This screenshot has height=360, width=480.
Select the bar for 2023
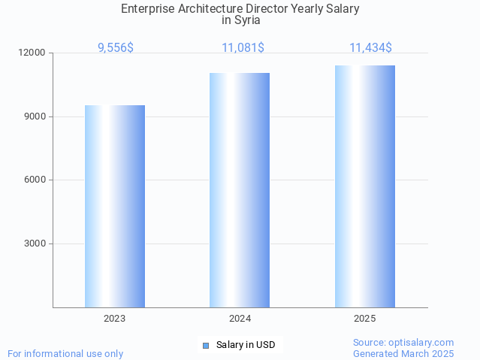pyautogui.click(x=115, y=206)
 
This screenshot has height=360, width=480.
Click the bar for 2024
pyautogui.click(x=240, y=190)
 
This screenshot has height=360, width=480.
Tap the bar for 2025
pyautogui.click(x=365, y=186)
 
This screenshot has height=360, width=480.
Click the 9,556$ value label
pyautogui.click(x=116, y=47)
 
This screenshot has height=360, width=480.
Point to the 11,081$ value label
pyautogui.click(x=243, y=47)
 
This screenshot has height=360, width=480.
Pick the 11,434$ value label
pyautogui.click(x=370, y=47)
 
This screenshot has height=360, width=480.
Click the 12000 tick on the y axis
pyautogui.click(x=33, y=53)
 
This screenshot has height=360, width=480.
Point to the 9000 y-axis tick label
pyautogui.click(x=35, y=116)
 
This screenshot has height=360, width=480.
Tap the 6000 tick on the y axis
pyautogui.click(x=35, y=180)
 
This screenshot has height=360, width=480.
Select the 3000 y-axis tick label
pyautogui.click(x=35, y=244)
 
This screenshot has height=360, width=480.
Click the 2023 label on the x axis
pyautogui.click(x=115, y=319)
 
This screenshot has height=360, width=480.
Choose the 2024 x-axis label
pyautogui.click(x=240, y=319)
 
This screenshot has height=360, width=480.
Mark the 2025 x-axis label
pyautogui.click(x=365, y=319)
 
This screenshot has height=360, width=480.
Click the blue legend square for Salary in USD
pyautogui.click(x=206, y=346)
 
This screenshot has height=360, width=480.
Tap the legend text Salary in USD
pyautogui.click(x=246, y=346)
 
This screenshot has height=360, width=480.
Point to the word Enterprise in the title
pyautogui.click(x=151, y=8)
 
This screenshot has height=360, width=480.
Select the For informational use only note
pyautogui.click(x=65, y=353)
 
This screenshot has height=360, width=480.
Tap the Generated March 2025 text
pyautogui.click(x=403, y=353)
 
